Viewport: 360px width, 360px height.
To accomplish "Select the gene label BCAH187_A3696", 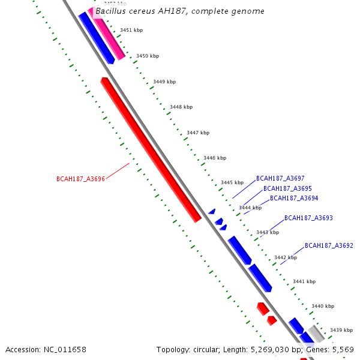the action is pos(80,179).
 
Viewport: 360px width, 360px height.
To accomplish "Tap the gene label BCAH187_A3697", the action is pos(280,178).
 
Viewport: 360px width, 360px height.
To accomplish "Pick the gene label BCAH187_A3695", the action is pos(287,188).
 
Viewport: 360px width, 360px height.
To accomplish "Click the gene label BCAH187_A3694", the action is pos(294,198).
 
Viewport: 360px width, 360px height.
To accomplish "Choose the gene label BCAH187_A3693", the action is pos(308,218).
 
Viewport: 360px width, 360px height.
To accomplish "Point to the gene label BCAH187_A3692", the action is pos(329,245).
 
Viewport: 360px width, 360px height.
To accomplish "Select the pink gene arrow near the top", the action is pos(108,33).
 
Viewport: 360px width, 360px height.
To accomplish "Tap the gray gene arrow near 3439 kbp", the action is pos(316,334).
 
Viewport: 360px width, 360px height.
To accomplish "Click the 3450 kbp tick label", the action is pos(148,56).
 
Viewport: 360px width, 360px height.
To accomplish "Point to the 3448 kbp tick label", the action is pos(181,107).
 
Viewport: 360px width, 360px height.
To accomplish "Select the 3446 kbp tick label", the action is pos(215,158).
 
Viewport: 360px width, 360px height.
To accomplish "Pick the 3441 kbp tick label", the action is pos(304,281).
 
